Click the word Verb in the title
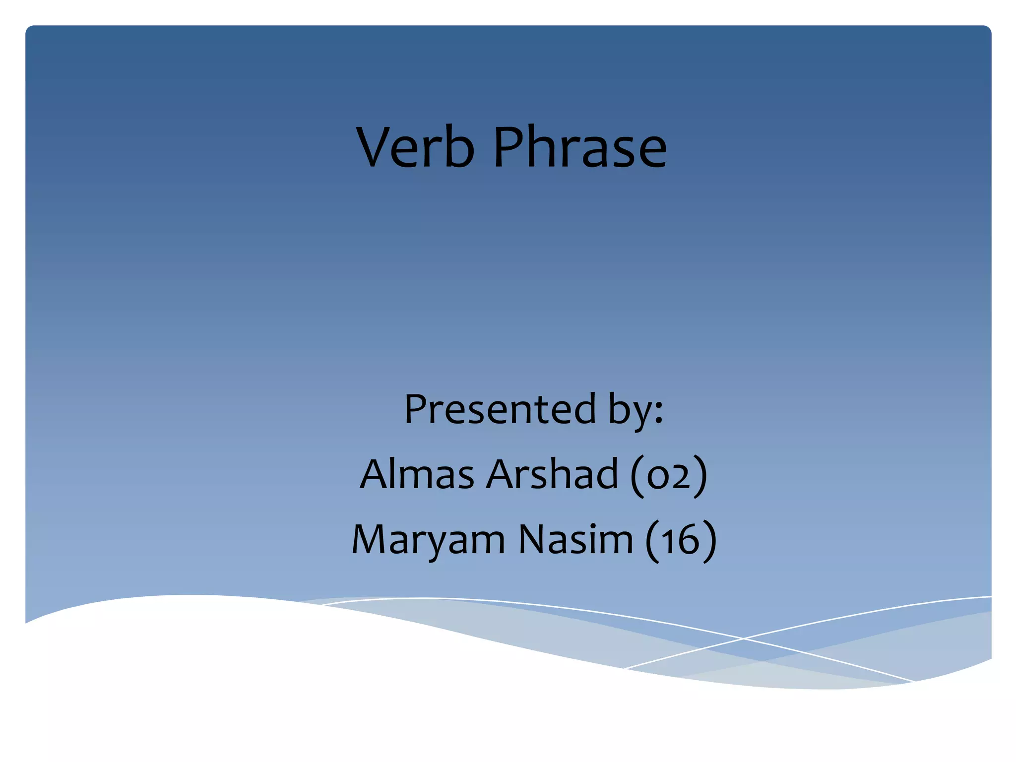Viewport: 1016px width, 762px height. pos(416,147)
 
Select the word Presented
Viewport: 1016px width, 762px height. pos(500,409)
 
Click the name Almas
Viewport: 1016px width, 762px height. pos(417,474)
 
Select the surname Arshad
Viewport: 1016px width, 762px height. pos(552,474)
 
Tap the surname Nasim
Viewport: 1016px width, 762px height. pos(575,540)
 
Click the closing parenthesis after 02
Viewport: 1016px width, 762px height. pos(700,476)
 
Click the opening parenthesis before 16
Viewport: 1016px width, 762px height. pos(652,541)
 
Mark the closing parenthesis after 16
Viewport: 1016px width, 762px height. pos(710,541)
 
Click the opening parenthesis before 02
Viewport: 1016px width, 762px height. pos(636,476)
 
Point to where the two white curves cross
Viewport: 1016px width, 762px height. pos(743,639)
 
